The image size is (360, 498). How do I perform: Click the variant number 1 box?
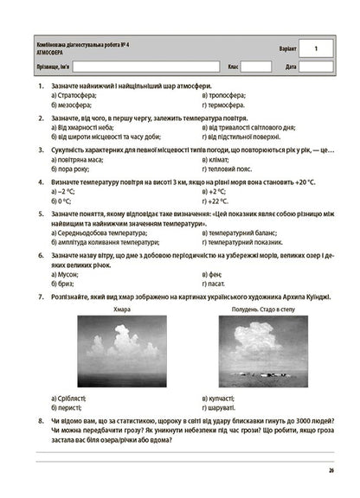click(316, 48)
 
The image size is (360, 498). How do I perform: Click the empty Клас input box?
click(256, 67)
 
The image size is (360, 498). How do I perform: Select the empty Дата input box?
click(316, 67)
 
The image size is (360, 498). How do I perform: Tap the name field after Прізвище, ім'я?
click(144, 67)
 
